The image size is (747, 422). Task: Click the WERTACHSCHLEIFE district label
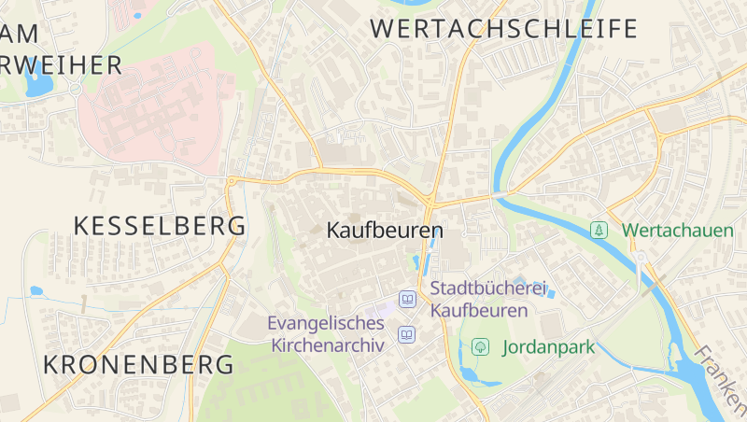coord(504,28)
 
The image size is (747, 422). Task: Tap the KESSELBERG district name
coord(160,225)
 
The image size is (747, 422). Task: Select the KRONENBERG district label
coord(139,364)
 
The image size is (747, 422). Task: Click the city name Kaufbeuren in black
coord(385,230)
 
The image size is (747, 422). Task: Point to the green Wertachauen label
coord(677,230)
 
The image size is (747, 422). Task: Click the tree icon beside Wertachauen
coord(599,230)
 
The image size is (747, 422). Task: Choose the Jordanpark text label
coord(548,347)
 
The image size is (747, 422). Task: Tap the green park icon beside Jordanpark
coord(480,346)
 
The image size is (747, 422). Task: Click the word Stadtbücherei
coord(487,288)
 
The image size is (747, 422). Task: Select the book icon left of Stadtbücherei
coord(407,299)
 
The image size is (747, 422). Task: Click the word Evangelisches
coord(326,323)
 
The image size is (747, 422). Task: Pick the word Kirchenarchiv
coord(328,345)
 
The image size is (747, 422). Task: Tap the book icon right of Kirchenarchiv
coord(407,333)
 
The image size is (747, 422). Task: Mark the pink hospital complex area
coord(154,107)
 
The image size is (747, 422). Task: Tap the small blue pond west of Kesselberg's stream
coord(36,291)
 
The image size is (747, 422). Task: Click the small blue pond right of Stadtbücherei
coord(551,293)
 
